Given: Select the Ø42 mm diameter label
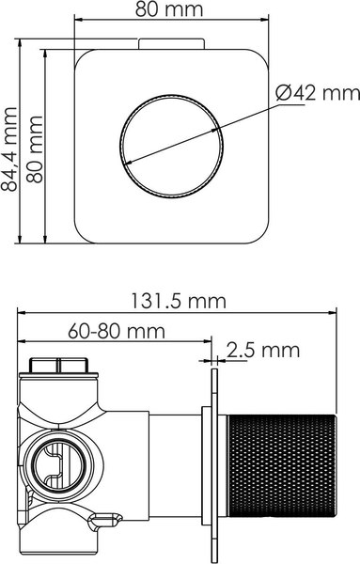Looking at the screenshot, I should (319, 92).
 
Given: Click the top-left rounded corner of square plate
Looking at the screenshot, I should (85, 59).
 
